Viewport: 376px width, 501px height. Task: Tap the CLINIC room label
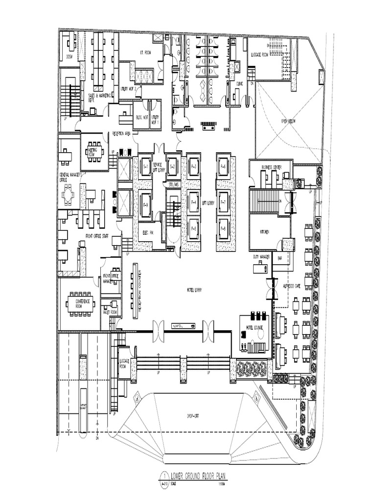point(239,84)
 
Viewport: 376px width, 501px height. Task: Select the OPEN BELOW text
point(289,120)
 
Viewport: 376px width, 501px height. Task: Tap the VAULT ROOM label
point(111,312)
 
